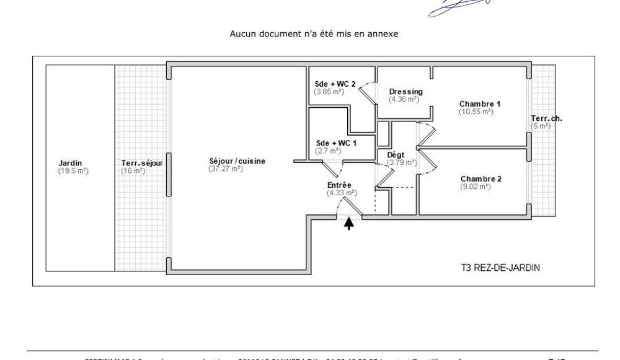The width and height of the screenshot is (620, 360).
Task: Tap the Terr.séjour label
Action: point(142,164)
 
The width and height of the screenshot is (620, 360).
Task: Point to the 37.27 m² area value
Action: point(226,168)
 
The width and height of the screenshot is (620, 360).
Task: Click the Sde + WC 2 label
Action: point(335,84)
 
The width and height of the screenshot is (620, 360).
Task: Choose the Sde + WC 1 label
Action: point(337,143)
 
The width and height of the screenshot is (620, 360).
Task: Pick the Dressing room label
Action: point(405,92)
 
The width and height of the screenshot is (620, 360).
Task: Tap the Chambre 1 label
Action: point(480,104)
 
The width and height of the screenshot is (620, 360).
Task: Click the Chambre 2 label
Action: point(481,179)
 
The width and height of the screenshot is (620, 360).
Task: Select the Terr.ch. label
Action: point(546,118)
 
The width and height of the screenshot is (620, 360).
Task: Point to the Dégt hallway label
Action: point(396,155)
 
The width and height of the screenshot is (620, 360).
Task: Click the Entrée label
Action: point(339,185)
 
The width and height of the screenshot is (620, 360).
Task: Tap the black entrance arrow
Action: point(349,224)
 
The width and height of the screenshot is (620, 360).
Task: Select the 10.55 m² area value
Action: point(476,112)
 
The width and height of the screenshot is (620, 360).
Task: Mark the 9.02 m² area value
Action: point(476,187)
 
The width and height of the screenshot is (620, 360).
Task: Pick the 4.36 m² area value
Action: point(404,99)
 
